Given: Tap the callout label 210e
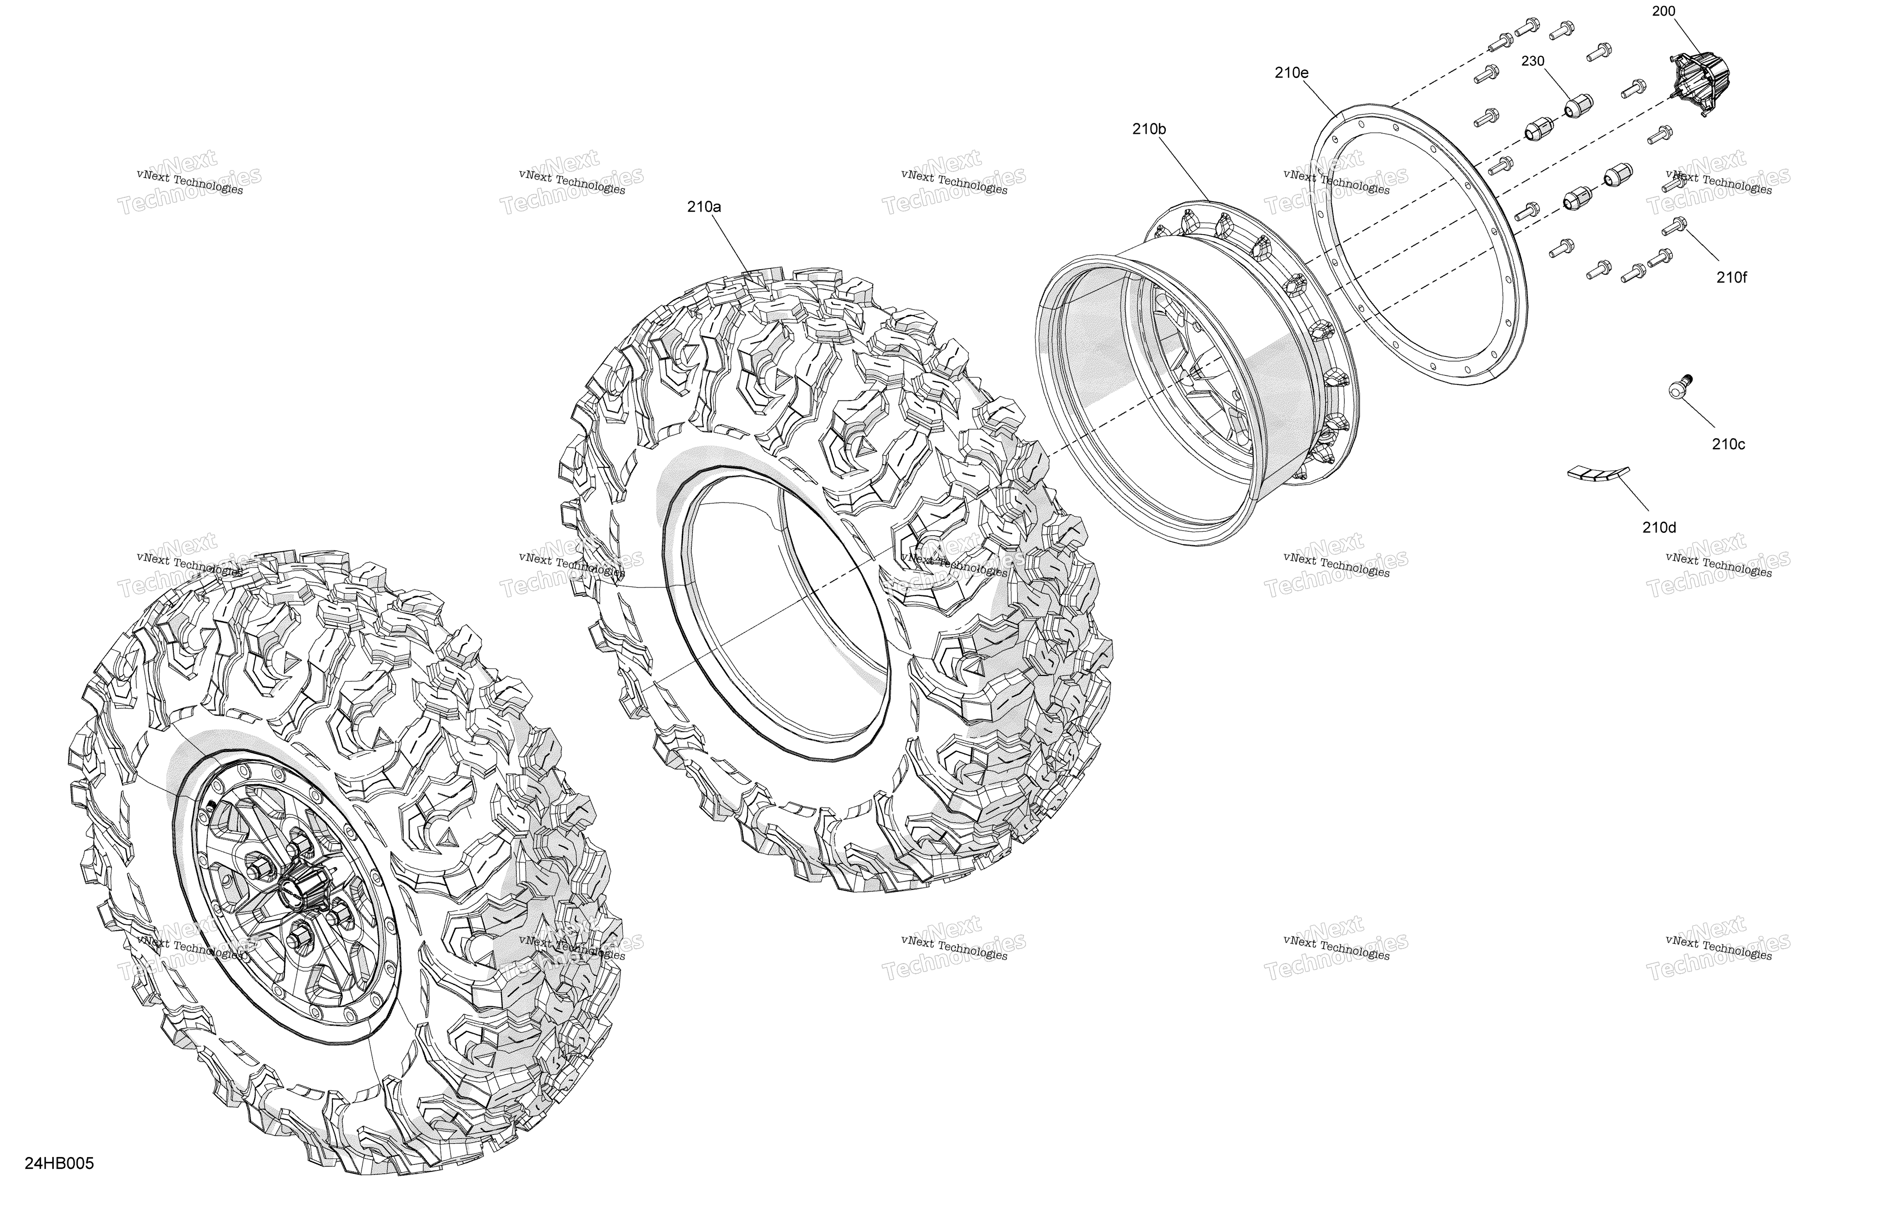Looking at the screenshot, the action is (x=1292, y=73).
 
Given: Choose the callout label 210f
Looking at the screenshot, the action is (x=1732, y=278).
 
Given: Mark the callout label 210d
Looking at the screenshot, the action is (x=1659, y=527).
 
